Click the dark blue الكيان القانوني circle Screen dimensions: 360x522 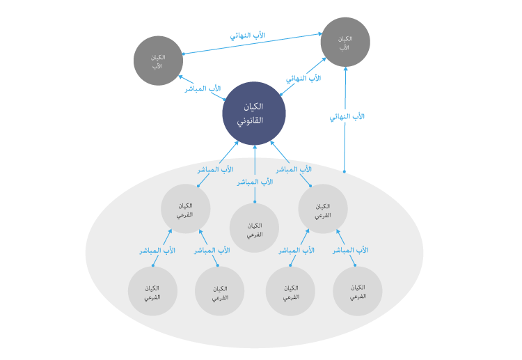click(x=254, y=114)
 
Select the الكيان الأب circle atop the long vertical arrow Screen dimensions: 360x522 click(x=345, y=42)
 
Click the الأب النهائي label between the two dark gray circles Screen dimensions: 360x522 click(x=247, y=35)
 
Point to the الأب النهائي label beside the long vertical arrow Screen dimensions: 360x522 click(x=347, y=117)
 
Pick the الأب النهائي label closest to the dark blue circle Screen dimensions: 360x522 click(x=303, y=79)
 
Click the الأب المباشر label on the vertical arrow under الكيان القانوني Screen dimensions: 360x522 click(x=255, y=182)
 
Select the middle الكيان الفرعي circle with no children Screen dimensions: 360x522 click(x=254, y=229)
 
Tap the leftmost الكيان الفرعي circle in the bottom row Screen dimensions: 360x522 click(x=152, y=292)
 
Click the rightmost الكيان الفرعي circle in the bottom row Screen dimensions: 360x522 click(x=358, y=292)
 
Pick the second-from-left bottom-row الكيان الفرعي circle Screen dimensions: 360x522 click(x=219, y=292)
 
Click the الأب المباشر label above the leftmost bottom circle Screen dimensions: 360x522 click(x=157, y=250)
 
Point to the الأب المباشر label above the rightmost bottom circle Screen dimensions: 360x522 click(x=351, y=250)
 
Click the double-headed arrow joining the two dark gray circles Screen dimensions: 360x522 click(x=251, y=44)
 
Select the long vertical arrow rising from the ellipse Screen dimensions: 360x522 click(x=345, y=139)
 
